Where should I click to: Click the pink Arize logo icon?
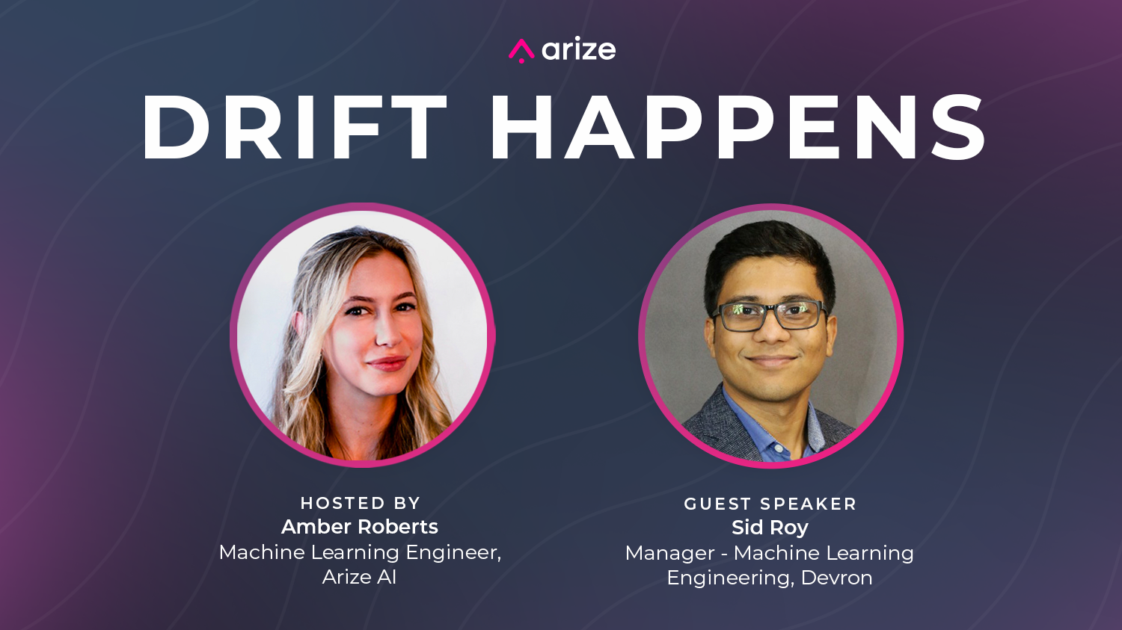(x=521, y=51)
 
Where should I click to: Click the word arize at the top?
(x=578, y=49)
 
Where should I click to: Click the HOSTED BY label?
(x=360, y=503)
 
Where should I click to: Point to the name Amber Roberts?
(x=360, y=526)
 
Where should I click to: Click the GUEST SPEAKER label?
(x=770, y=504)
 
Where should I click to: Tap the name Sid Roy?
(x=770, y=528)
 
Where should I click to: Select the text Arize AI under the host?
(x=359, y=577)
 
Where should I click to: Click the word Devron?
(x=836, y=578)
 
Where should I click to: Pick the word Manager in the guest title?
(x=669, y=554)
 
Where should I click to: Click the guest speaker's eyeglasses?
(x=770, y=316)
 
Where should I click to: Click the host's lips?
(x=387, y=363)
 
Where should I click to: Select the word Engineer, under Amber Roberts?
(x=453, y=553)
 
